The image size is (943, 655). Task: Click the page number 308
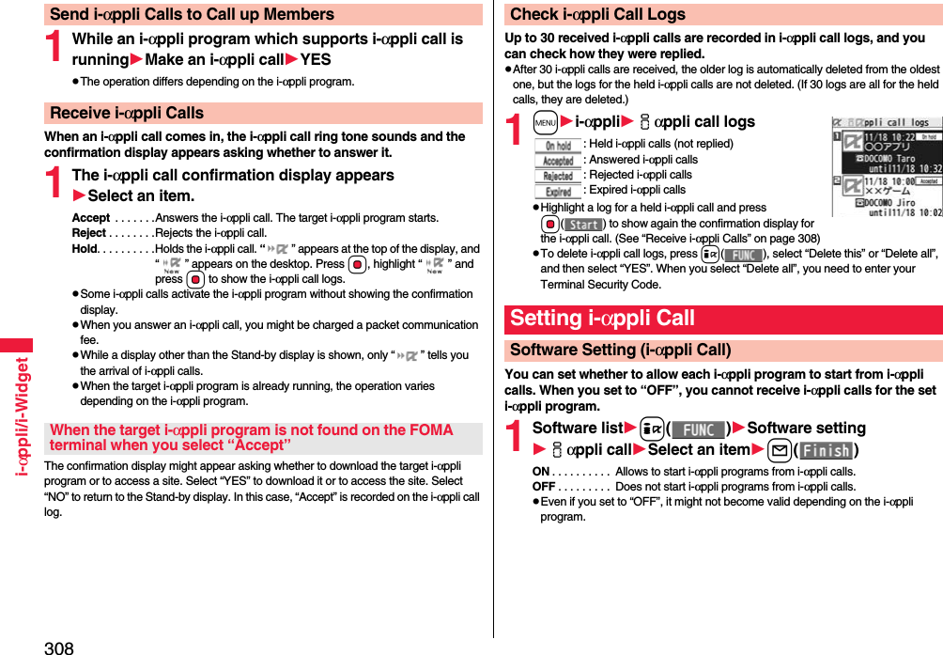(x=58, y=647)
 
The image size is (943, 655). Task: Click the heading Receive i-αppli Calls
(x=127, y=113)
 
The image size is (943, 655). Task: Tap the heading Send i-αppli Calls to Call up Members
(x=192, y=14)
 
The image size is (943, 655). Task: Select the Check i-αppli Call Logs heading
(x=597, y=14)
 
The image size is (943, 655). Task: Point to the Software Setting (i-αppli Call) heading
(x=620, y=350)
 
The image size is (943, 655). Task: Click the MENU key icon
(x=545, y=122)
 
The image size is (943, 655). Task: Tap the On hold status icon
(x=558, y=146)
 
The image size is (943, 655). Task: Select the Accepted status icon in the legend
(x=558, y=161)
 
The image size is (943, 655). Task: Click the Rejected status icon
(x=558, y=176)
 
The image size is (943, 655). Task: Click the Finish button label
(x=826, y=450)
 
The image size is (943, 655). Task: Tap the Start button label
(x=584, y=225)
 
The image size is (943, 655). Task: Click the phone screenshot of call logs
(x=887, y=167)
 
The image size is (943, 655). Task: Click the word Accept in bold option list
(x=90, y=218)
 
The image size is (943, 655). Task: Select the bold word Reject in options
(x=88, y=233)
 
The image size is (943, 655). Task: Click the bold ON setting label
(x=541, y=472)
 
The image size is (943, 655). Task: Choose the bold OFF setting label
(x=544, y=487)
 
